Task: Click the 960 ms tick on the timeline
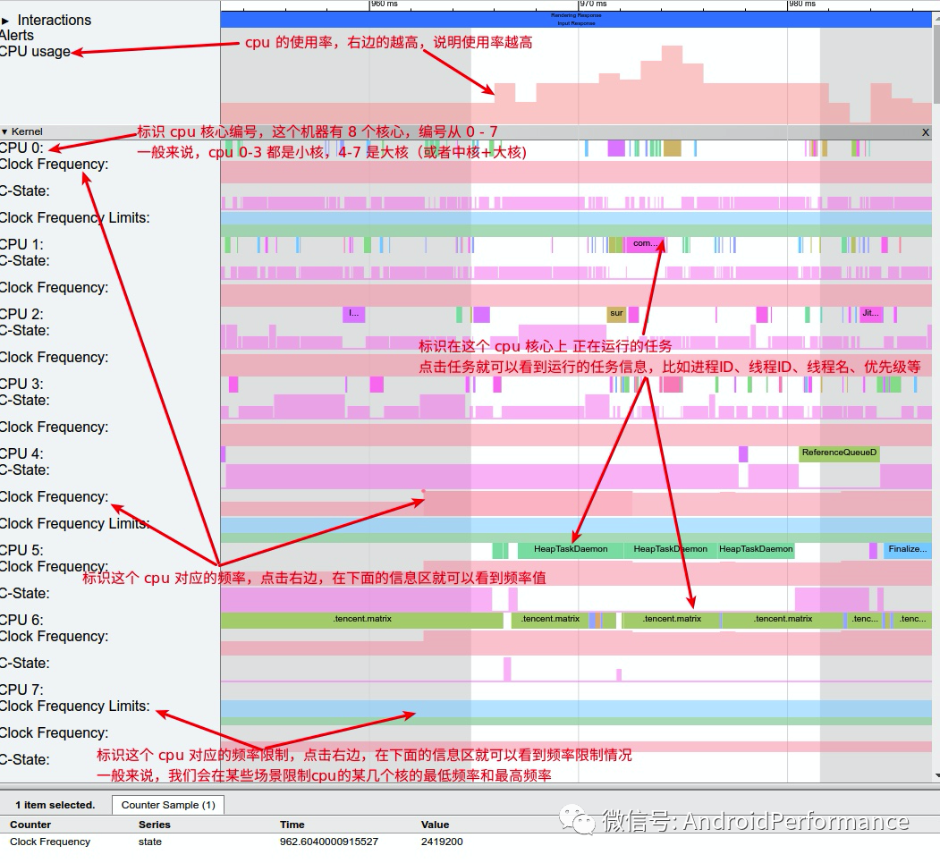point(385,4)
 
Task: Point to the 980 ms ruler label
point(802,4)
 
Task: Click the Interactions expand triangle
point(5,20)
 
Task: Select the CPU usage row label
point(35,52)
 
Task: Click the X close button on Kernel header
point(926,131)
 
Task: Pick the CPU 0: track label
point(21,148)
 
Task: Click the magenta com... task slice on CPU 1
point(645,244)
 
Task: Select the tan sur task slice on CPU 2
point(616,314)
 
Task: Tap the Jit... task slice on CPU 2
point(870,314)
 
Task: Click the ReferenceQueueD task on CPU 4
point(839,453)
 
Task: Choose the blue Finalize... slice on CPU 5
point(907,550)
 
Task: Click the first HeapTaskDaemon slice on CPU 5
point(570,550)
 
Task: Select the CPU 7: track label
point(21,690)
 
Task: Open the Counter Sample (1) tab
point(168,805)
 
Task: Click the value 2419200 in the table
point(442,842)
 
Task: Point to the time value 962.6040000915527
point(328,842)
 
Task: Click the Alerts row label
point(17,36)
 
